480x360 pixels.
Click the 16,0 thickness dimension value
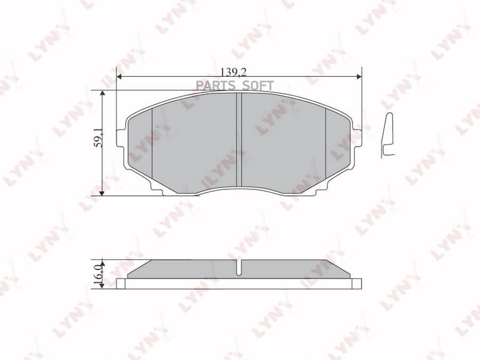[97, 274]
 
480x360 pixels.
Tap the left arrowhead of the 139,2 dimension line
[119, 78]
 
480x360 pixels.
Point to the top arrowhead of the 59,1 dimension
[103, 93]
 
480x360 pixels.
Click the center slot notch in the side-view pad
[239, 267]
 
